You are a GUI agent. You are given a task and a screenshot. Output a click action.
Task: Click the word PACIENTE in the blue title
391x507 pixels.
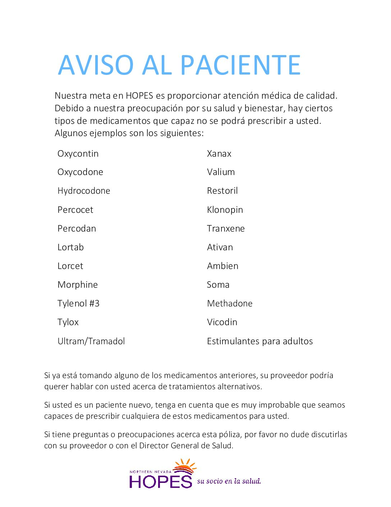point(240,65)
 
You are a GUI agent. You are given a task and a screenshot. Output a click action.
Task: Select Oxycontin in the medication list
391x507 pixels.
point(78,154)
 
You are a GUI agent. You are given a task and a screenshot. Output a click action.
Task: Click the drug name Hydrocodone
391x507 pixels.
point(84,191)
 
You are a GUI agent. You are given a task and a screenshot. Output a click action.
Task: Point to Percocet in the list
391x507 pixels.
point(75,210)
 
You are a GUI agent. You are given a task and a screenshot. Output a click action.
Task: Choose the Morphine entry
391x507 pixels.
point(78,285)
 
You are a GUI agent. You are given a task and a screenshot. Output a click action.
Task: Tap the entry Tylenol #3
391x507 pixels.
point(78,304)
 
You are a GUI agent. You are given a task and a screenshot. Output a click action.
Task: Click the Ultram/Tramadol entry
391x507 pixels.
point(91,341)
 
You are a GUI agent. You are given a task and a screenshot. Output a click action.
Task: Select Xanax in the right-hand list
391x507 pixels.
point(219,154)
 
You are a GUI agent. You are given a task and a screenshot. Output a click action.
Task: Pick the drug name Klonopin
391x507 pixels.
point(225,210)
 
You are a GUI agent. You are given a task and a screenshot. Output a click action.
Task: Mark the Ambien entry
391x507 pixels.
point(223,266)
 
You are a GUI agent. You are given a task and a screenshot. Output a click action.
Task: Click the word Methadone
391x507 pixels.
point(230,304)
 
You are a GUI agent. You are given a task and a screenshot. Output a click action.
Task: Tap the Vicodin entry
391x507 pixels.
point(222,322)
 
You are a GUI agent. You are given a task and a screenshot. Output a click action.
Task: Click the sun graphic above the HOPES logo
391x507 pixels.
point(185,467)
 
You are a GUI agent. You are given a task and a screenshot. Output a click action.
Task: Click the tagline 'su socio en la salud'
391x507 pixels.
point(229,481)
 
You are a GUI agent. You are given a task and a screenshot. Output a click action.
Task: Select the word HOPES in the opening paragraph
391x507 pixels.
point(139,96)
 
